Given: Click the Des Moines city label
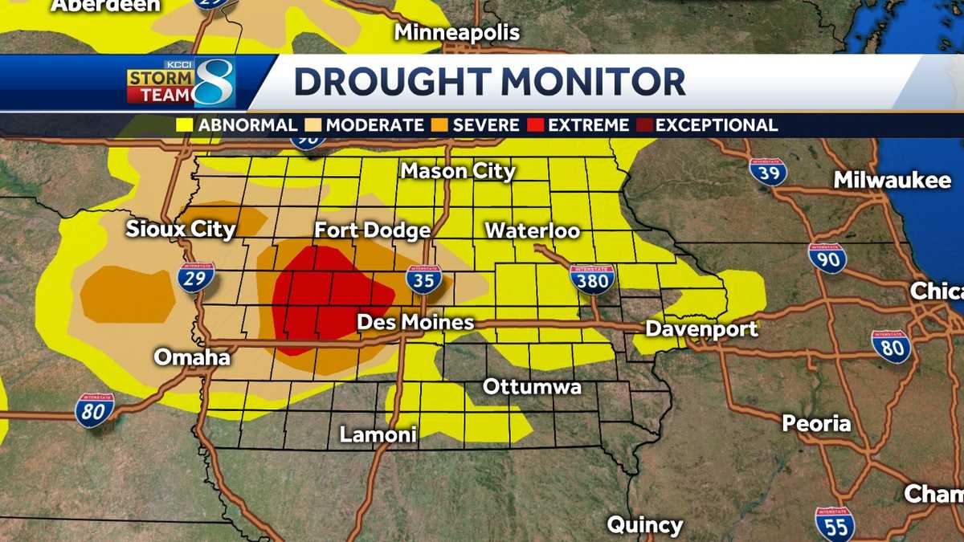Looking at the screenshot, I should [415, 323].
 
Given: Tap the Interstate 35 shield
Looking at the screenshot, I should [423, 279].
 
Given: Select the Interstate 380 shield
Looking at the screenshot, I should [593, 278].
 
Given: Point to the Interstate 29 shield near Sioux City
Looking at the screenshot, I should [196, 276].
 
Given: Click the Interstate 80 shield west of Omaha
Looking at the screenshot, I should [95, 410].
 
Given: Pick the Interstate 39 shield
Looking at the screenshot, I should [767, 172].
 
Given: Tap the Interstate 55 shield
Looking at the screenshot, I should [834, 523].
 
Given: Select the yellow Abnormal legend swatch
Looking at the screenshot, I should [184, 125].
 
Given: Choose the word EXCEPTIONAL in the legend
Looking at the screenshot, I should [717, 125].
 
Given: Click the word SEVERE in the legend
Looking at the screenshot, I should [486, 125].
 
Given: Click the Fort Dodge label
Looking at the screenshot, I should [372, 230].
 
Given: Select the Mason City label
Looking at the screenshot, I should [458, 170].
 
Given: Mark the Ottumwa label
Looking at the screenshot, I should [532, 387].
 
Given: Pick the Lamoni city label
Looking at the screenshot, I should [378, 434].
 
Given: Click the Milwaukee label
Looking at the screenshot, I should [892, 180].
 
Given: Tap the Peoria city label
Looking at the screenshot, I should [816, 423].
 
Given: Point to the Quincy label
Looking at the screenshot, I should [644, 525].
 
